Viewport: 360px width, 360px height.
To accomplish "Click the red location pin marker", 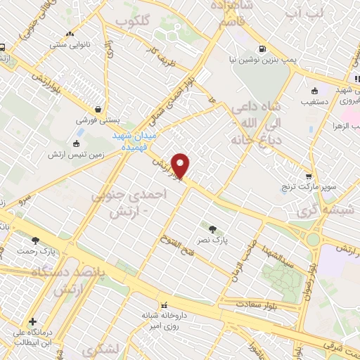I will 181,165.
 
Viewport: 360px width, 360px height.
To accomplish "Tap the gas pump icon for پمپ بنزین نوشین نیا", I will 262,49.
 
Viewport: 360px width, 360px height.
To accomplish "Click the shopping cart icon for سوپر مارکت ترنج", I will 309,176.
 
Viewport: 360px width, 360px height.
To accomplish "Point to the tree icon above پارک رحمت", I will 36,240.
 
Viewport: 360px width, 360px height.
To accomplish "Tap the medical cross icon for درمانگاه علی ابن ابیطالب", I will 32,322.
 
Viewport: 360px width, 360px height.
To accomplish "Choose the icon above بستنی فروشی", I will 96,110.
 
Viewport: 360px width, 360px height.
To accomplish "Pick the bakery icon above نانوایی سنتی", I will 68,34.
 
